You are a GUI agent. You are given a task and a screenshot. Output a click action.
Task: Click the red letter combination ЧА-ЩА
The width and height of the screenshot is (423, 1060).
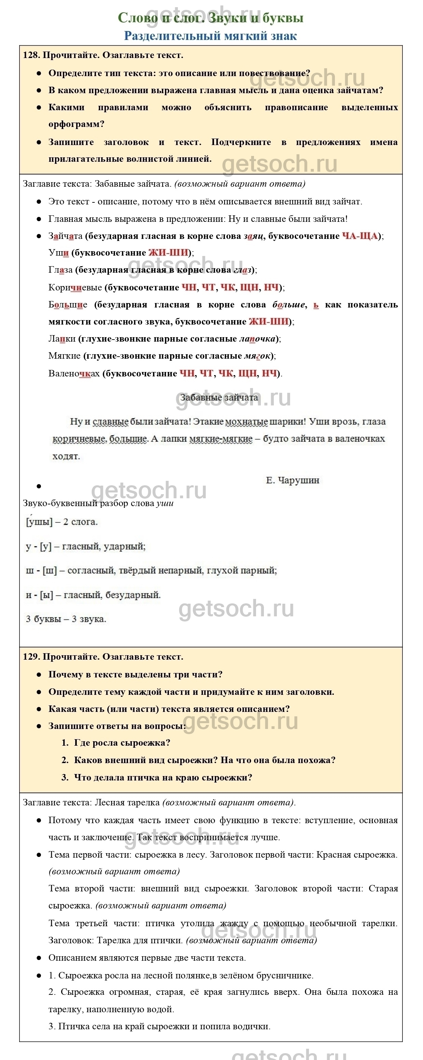pyautogui.click(x=359, y=236)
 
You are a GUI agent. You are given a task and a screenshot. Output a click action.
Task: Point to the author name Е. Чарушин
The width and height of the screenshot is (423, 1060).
pyautogui.click(x=292, y=480)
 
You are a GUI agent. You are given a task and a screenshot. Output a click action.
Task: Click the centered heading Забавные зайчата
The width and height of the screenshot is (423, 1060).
pyautogui.click(x=219, y=398)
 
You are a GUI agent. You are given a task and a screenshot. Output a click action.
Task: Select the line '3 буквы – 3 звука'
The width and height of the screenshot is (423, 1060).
pyautogui.click(x=66, y=619)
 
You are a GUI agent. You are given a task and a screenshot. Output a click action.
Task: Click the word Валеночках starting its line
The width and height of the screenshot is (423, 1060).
pyautogui.click(x=74, y=374)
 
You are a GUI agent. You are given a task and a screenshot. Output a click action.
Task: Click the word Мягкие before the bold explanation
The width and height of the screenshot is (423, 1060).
pyautogui.click(x=65, y=356)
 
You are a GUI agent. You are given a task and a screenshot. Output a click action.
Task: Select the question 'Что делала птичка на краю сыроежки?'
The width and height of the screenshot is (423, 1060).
pyautogui.click(x=163, y=777)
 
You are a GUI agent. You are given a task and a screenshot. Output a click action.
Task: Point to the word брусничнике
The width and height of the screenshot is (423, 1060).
pyautogui.click(x=284, y=976)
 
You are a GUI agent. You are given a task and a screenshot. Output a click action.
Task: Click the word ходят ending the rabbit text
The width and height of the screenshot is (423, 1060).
pyautogui.click(x=66, y=456)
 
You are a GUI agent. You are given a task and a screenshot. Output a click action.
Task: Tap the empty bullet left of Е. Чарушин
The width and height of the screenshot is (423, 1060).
pyautogui.click(x=39, y=486)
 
